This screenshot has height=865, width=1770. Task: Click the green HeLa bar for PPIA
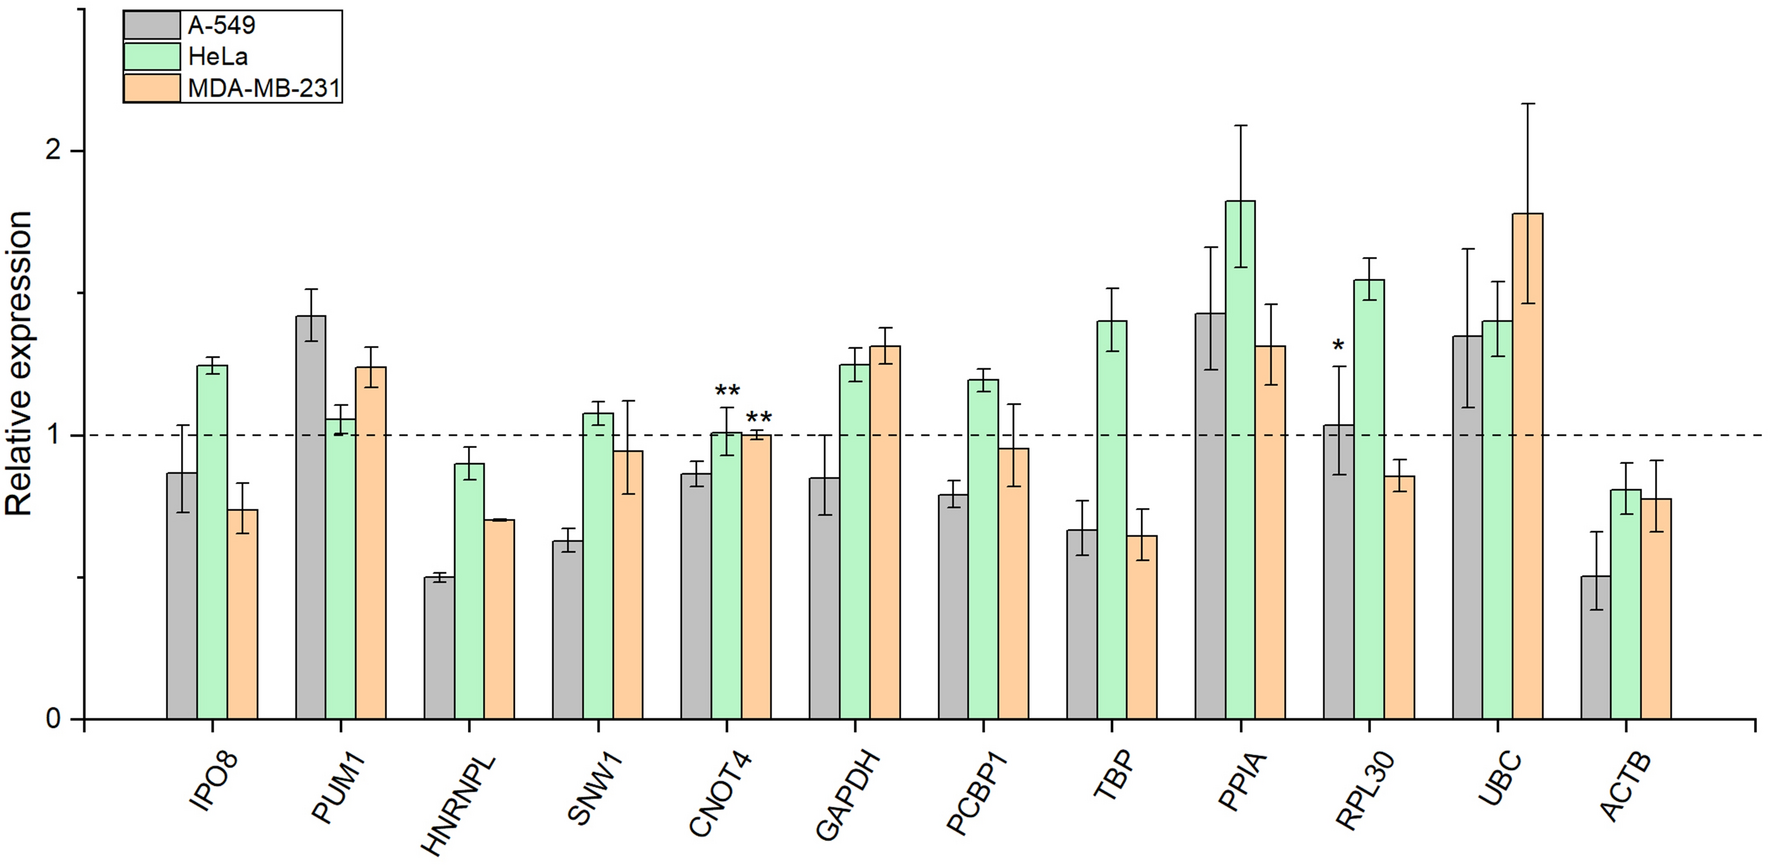click(x=1240, y=460)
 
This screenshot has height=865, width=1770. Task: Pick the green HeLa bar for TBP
click(x=1112, y=520)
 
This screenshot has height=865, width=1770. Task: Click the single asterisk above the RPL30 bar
click(x=1338, y=347)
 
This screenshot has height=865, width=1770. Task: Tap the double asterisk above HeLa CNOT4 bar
click(x=727, y=391)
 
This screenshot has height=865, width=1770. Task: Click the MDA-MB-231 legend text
click(x=264, y=89)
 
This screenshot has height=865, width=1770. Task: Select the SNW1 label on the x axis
click(x=595, y=790)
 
